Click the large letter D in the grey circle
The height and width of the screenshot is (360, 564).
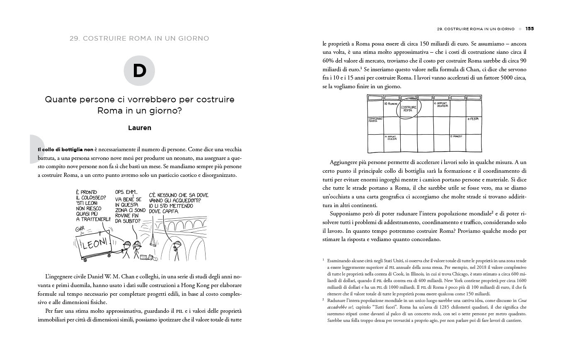(140, 71)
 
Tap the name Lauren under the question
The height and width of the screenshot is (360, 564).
(140, 128)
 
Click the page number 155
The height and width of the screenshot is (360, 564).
(529, 29)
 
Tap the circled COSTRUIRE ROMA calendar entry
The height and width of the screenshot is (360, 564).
(409, 109)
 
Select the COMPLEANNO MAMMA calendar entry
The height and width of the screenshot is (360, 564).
(375, 120)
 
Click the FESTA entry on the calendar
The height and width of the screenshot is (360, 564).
(473, 119)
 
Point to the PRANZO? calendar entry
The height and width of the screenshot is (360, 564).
(456, 136)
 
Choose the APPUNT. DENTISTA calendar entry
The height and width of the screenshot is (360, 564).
(441, 105)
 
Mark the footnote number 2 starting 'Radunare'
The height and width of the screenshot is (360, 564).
(323, 298)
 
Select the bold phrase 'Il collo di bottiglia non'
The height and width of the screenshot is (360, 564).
(65, 149)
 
